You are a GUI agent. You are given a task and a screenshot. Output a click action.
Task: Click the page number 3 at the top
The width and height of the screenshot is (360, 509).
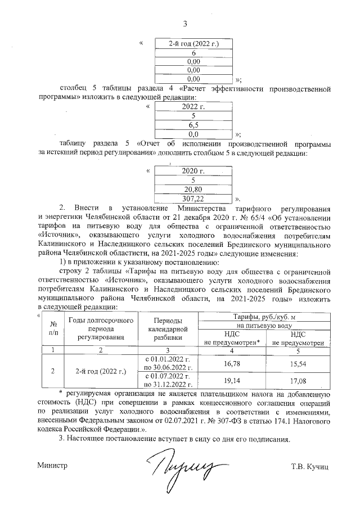coord(184,23)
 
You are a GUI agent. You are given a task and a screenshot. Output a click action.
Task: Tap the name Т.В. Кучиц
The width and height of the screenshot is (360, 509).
coord(310,466)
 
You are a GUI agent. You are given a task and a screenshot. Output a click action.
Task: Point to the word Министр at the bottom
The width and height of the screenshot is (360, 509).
coord(52,466)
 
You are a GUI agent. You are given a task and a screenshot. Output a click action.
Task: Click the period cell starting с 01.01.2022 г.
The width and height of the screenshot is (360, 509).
coord(169,364)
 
